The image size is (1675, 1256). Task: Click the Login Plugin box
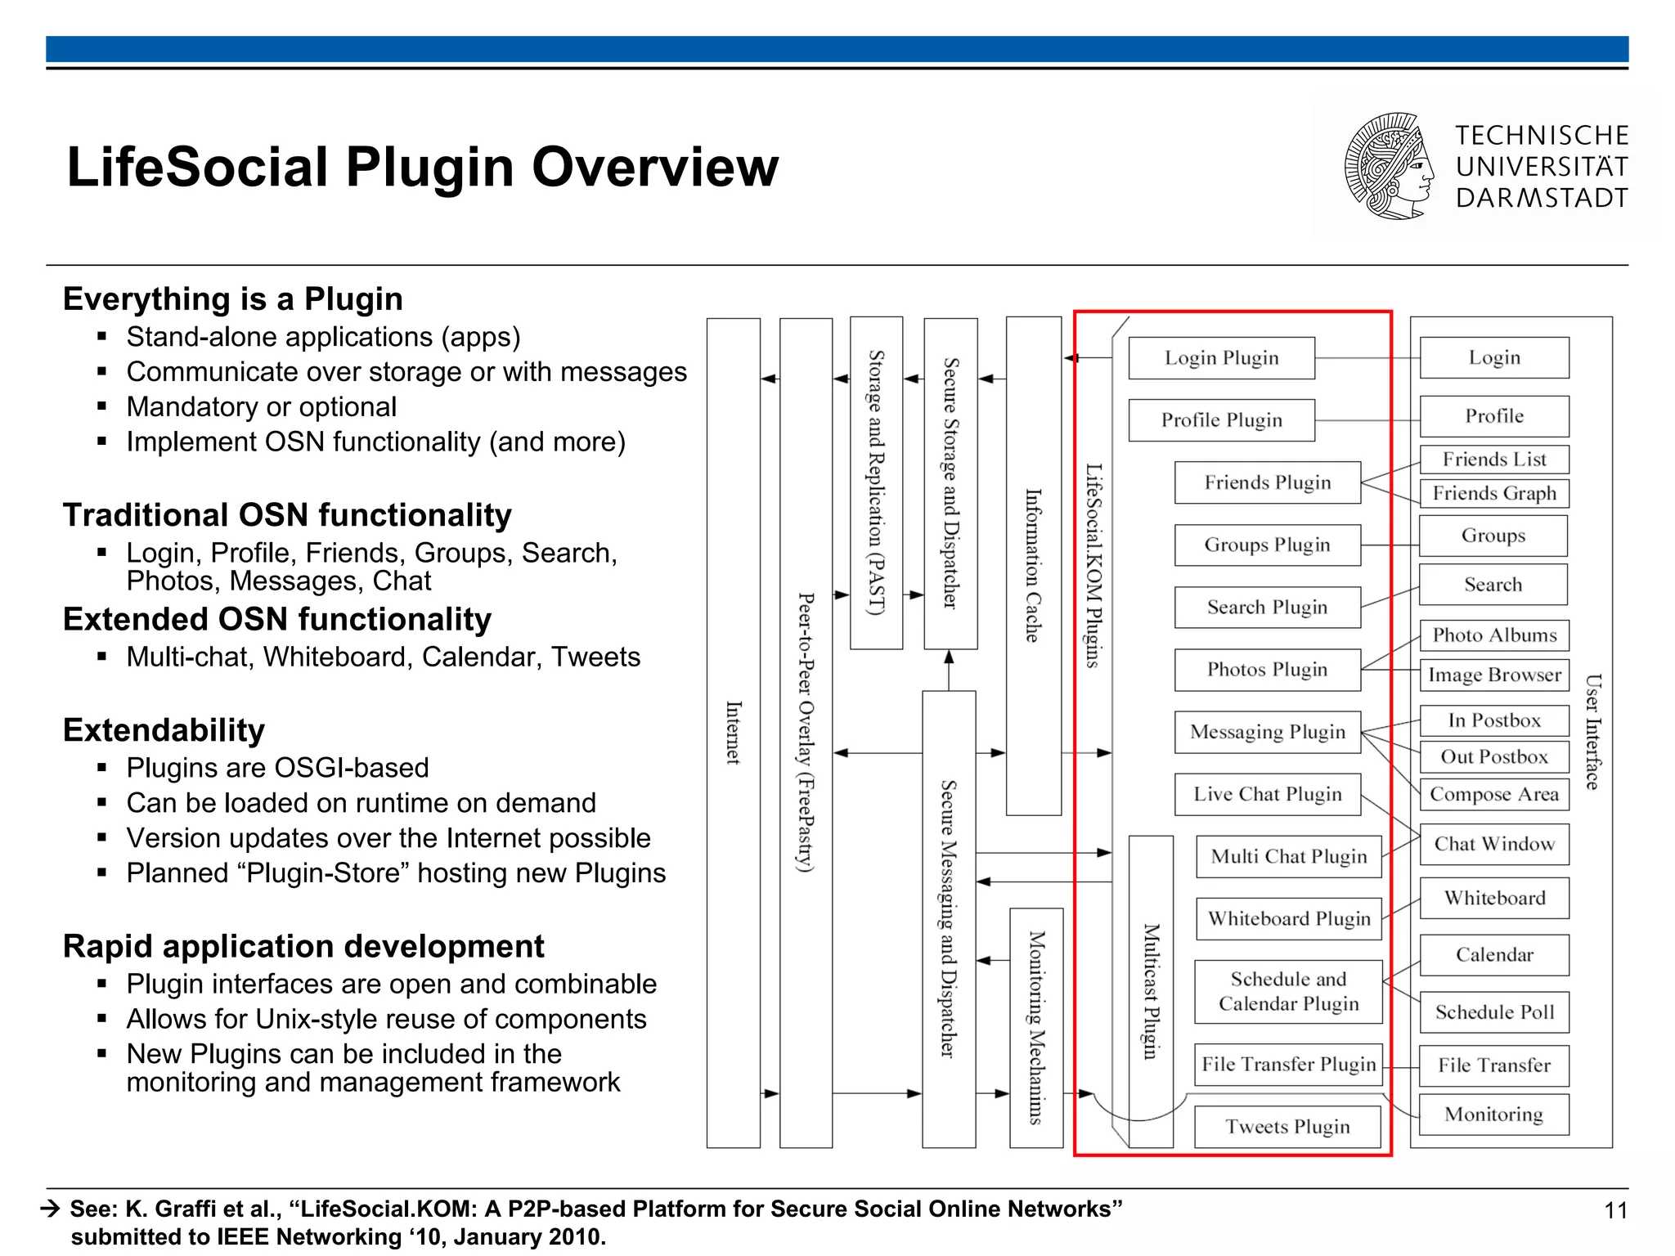coord(1221,358)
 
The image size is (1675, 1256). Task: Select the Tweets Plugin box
coord(1287,1127)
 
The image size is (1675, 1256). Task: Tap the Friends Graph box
coord(1494,493)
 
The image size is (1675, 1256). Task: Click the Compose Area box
coord(1494,794)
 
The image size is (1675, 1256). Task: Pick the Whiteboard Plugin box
coord(1288,919)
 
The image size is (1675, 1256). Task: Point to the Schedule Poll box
coord(1494,1012)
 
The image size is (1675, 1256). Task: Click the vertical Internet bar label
coord(734,733)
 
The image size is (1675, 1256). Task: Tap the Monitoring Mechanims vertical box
coord(1036,1028)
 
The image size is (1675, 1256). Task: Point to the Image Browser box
coord(1494,675)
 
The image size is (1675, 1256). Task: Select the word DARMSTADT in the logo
coord(1542,198)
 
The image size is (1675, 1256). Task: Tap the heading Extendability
coord(164,729)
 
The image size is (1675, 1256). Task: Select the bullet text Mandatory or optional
coord(262,407)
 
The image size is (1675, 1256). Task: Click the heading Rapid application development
coord(303,946)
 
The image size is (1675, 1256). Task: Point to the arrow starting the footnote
coord(51,1209)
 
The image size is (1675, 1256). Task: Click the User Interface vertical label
coord(1592,732)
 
